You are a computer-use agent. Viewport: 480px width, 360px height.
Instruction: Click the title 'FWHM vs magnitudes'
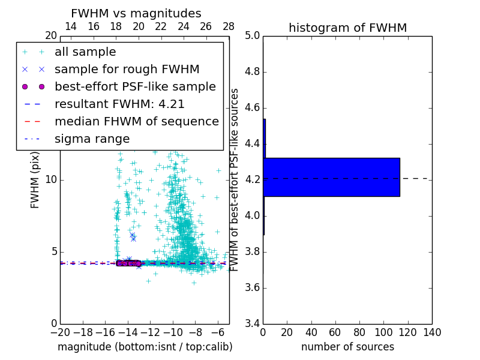(136, 13)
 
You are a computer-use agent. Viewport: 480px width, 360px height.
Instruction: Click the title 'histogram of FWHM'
(347, 28)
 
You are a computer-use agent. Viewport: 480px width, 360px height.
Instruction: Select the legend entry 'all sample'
(85, 52)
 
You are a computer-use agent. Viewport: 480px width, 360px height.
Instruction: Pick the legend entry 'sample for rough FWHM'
(127, 69)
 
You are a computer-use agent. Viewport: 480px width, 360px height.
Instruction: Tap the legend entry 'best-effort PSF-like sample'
(135, 86)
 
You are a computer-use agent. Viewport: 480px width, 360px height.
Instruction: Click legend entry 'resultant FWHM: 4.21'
(119, 104)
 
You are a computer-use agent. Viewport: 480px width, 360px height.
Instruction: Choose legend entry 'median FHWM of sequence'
(136, 121)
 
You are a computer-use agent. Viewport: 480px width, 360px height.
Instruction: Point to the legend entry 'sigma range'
(92, 139)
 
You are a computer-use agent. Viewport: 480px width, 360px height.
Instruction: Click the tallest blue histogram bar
(331, 177)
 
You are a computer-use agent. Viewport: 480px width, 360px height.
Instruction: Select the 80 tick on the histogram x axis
(359, 332)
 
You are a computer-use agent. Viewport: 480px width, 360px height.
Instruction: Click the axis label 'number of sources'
(347, 347)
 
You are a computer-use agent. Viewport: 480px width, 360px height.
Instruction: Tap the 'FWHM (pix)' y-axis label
(35, 179)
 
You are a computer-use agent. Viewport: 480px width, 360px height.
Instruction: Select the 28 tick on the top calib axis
(229, 26)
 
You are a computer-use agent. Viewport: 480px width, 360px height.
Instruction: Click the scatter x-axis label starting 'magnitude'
(145, 347)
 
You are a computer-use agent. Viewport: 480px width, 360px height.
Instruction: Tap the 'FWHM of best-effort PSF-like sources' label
(235, 179)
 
